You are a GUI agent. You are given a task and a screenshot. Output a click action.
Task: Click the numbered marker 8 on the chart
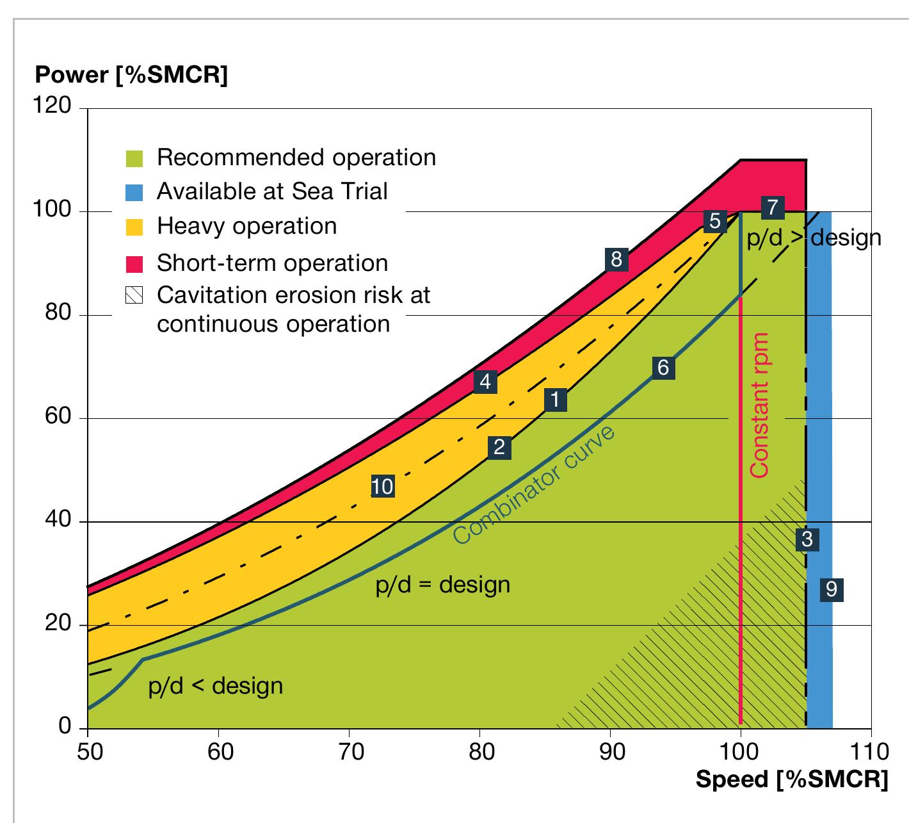pyautogui.click(x=616, y=259)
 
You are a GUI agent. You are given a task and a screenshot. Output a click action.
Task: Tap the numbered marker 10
pyautogui.click(x=382, y=487)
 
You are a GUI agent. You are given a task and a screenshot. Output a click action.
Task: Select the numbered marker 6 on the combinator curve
pyautogui.click(x=663, y=368)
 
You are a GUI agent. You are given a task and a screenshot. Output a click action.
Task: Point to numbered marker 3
pyautogui.click(x=807, y=539)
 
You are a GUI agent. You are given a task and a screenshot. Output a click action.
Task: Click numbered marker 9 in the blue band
pyautogui.click(x=831, y=589)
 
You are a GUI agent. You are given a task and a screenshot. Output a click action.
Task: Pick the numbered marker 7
pyautogui.click(x=773, y=208)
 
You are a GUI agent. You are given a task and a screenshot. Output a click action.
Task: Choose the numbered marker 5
pyautogui.click(x=714, y=221)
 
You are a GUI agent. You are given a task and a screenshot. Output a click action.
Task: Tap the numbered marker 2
pyautogui.click(x=499, y=447)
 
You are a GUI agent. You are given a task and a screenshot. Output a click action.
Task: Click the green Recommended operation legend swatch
pyautogui.click(x=135, y=158)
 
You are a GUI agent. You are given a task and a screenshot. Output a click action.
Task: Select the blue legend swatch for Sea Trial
pyautogui.click(x=135, y=192)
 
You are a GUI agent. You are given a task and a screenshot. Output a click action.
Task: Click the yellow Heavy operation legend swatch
pyautogui.click(x=135, y=227)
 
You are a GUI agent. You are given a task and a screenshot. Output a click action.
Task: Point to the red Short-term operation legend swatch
pyautogui.click(x=135, y=263)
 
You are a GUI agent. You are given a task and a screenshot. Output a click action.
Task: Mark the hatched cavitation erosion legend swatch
pyautogui.click(x=135, y=295)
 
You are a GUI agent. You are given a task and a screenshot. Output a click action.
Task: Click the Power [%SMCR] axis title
pyautogui.click(x=131, y=75)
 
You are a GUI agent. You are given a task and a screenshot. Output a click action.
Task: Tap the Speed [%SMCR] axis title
pyautogui.click(x=792, y=779)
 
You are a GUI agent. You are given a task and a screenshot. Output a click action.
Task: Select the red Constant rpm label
pyautogui.click(x=759, y=405)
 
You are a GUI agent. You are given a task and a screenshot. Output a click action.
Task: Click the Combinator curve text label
pyautogui.click(x=535, y=485)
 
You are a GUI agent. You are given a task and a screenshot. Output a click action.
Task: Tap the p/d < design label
pyautogui.click(x=215, y=686)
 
